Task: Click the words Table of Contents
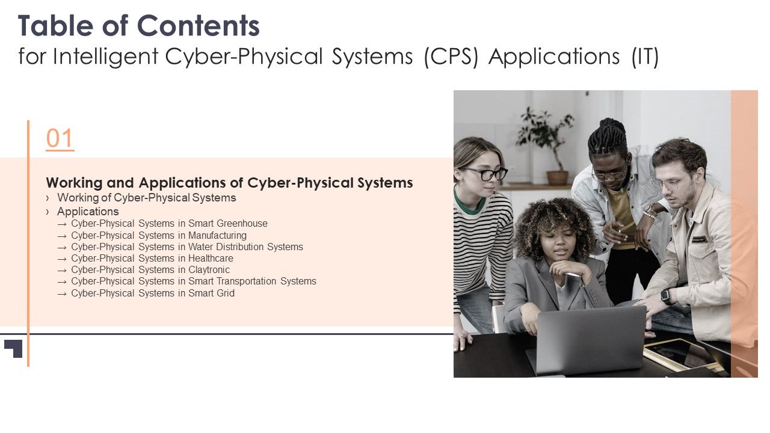click(139, 26)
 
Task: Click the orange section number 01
click(60, 139)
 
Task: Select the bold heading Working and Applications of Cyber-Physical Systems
click(229, 182)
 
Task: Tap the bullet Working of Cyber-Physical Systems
click(146, 197)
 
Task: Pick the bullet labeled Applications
click(88, 211)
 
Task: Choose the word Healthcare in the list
click(211, 258)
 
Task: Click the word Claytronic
click(209, 269)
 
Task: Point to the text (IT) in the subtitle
click(645, 57)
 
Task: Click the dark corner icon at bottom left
click(14, 348)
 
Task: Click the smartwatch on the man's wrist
click(666, 296)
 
